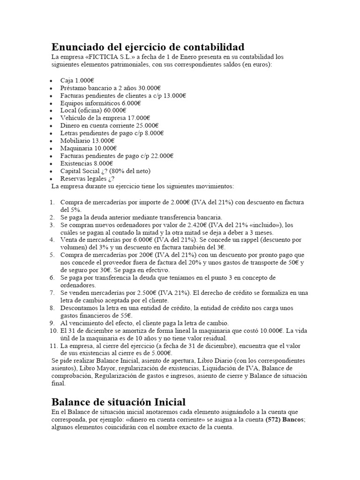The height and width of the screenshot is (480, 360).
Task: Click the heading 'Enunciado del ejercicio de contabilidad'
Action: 148,47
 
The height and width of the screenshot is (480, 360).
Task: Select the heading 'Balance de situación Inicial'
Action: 118,402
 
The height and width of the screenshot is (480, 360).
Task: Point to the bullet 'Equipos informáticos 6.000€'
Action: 100,103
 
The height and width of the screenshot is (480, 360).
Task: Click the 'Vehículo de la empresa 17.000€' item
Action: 105,118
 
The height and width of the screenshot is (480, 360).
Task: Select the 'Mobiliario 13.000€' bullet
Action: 87,140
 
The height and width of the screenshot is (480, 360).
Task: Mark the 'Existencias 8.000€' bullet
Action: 87,163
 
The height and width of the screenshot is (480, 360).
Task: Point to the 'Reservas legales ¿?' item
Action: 87,178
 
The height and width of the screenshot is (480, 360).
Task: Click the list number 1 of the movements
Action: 52,202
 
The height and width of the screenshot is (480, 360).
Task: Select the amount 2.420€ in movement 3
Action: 200,225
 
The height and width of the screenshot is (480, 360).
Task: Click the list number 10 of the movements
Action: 53,330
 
